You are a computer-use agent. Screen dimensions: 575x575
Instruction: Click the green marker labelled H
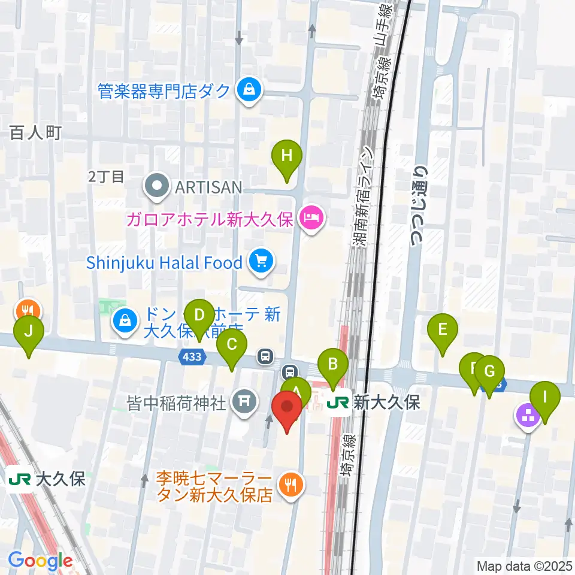click(287, 157)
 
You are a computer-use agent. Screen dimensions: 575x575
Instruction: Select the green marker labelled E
click(443, 330)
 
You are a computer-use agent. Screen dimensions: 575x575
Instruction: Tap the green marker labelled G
click(489, 372)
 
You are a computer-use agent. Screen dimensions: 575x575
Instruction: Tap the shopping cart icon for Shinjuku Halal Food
click(261, 262)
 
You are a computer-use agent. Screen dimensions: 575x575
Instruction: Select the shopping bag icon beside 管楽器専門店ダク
click(247, 90)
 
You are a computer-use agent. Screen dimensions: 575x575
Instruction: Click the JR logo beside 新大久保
click(339, 403)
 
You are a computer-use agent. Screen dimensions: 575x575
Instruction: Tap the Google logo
click(40, 561)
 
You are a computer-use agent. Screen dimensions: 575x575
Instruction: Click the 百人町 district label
click(36, 133)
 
